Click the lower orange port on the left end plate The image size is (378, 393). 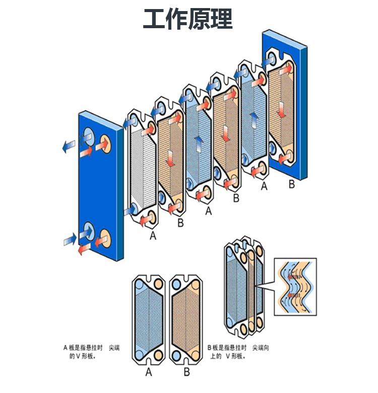(x=106, y=236)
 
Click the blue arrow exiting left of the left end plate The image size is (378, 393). (x=66, y=146)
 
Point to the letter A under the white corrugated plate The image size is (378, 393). (x=153, y=235)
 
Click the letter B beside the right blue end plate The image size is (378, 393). (x=291, y=185)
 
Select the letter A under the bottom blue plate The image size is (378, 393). (x=148, y=372)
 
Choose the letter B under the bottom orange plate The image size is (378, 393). (x=186, y=372)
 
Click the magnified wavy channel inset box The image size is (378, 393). (x=295, y=286)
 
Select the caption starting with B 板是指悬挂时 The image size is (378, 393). (x=238, y=352)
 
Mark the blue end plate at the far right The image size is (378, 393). (x=290, y=101)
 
